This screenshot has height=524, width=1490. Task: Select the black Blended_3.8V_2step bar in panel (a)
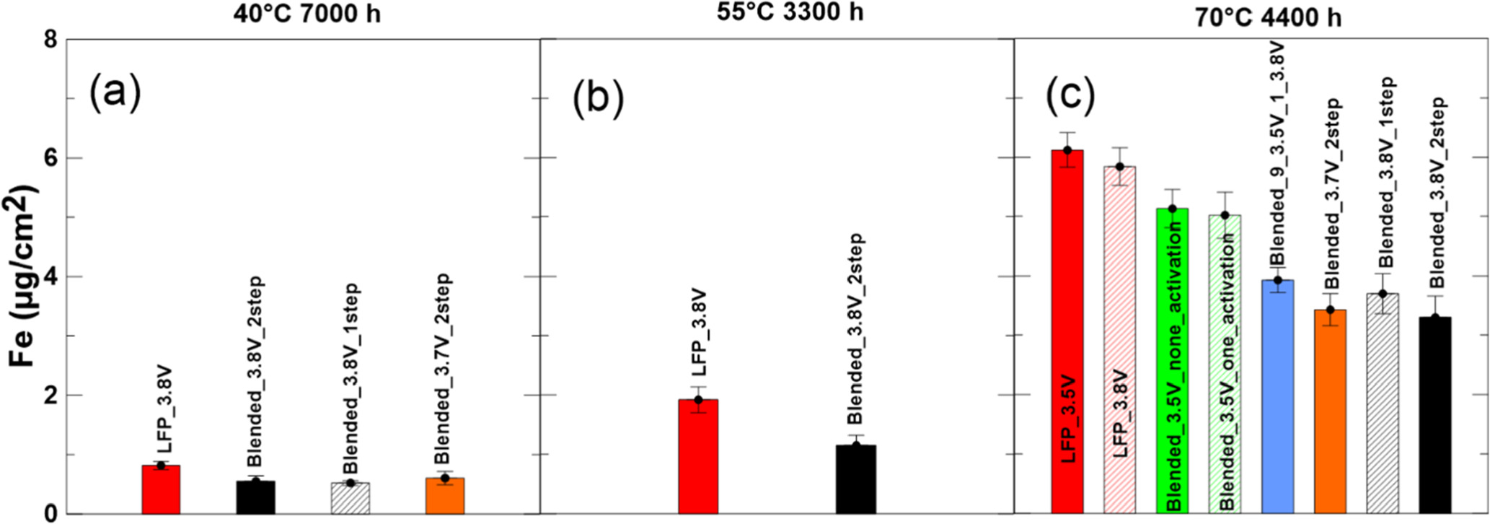[255, 497]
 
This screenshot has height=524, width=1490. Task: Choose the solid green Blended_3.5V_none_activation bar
[1173, 361]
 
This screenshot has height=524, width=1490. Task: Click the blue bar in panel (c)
[1278, 397]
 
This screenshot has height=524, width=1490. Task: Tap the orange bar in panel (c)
[1331, 411]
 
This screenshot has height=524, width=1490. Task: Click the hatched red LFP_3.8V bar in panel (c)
[1120, 339]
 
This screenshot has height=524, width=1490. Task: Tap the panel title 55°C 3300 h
[777, 13]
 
